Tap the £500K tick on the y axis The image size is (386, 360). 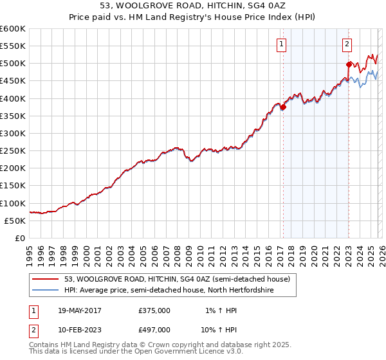point(12,64)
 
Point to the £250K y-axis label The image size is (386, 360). point(12,151)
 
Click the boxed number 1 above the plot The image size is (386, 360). point(282,44)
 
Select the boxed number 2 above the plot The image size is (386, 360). point(347,44)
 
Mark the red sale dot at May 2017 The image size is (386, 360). point(283,107)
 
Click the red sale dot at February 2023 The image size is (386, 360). point(349,64)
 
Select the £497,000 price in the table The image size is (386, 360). point(154,329)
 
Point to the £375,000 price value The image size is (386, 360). point(154,310)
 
